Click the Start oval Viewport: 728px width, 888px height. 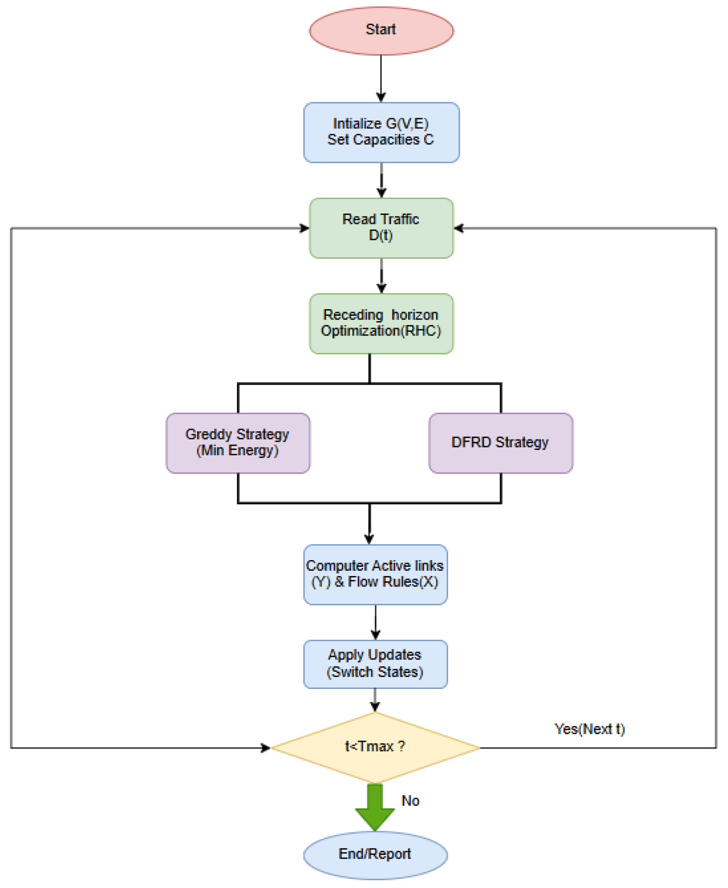[x=381, y=30]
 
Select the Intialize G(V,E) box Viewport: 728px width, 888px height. [x=381, y=132]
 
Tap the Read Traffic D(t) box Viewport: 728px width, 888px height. [x=381, y=228]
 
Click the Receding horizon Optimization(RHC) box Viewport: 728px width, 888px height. [x=381, y=323]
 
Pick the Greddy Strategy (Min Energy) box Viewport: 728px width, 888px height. [x=238, y=442]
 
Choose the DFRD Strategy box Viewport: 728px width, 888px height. [x=500, y=442]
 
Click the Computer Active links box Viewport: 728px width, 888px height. [x=375, y=574]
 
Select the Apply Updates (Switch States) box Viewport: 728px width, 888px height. [x=375, y=663]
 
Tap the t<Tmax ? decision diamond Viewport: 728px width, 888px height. [x=375, y=747]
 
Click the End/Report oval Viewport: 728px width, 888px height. [x=375, y=854]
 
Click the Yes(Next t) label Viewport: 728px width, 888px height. [x=590, y=729]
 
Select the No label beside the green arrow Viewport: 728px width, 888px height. [x=410, y=800]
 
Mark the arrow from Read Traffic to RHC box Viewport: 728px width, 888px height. [x=381, y=275]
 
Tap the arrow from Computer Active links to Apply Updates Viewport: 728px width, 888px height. [x=376, y=622]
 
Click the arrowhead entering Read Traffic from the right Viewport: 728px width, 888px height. [x=459, y=228]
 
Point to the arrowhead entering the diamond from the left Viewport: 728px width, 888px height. [x=265, y=748]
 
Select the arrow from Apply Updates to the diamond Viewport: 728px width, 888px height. [x=375, y=700]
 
